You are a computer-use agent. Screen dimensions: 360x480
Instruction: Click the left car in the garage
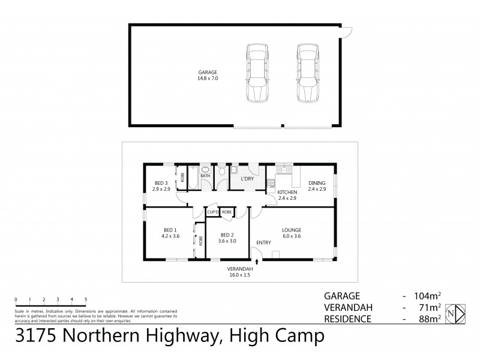[257, 74]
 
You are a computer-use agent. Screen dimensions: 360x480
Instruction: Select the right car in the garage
[308, 74]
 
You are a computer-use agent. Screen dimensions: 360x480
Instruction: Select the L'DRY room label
[246, 179]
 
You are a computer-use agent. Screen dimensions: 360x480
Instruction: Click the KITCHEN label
[287, 192]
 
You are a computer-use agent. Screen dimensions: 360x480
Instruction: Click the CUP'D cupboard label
[212, 212]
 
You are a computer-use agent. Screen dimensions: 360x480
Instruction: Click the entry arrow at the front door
[257, 261]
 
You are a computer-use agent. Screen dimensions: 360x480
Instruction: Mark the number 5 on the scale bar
[86, 299]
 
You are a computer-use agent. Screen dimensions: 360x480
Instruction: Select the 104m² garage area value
[427, 296]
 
